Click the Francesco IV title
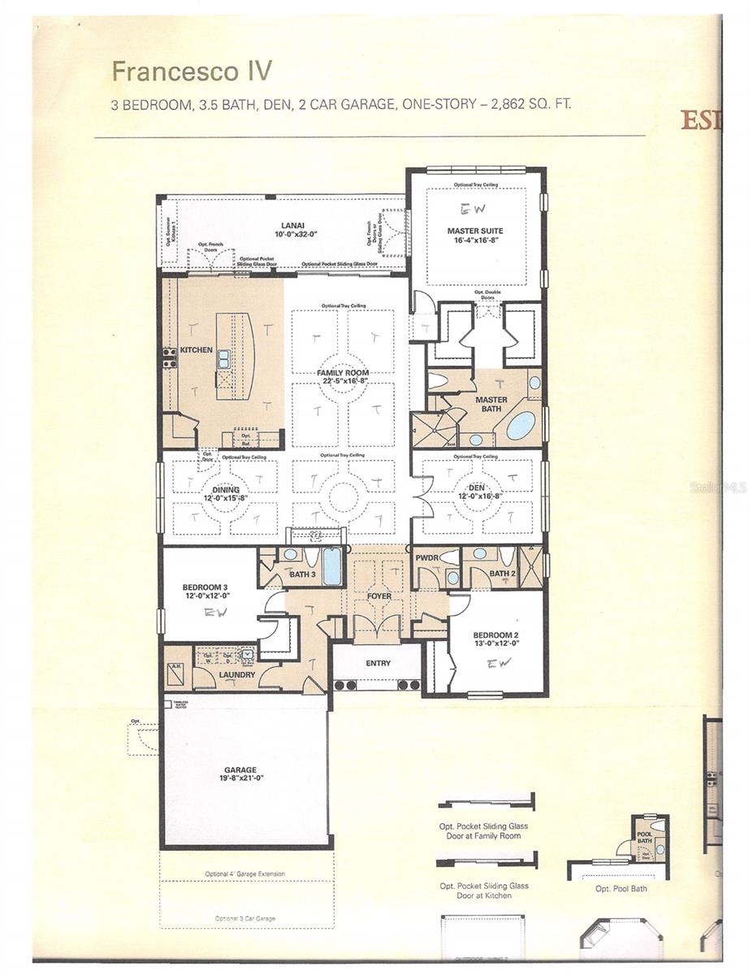pos(191,71)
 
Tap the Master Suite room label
pos(475,231)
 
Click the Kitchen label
pos(196,350)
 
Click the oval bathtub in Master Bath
pos(522,425)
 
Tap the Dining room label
pos(226,490)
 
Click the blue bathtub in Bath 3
pos(332,566)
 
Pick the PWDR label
pos(427,559)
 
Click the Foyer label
pos(379,596)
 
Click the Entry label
pos(378,663)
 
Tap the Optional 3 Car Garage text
pos(245,919)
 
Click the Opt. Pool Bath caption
pos(621,888)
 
